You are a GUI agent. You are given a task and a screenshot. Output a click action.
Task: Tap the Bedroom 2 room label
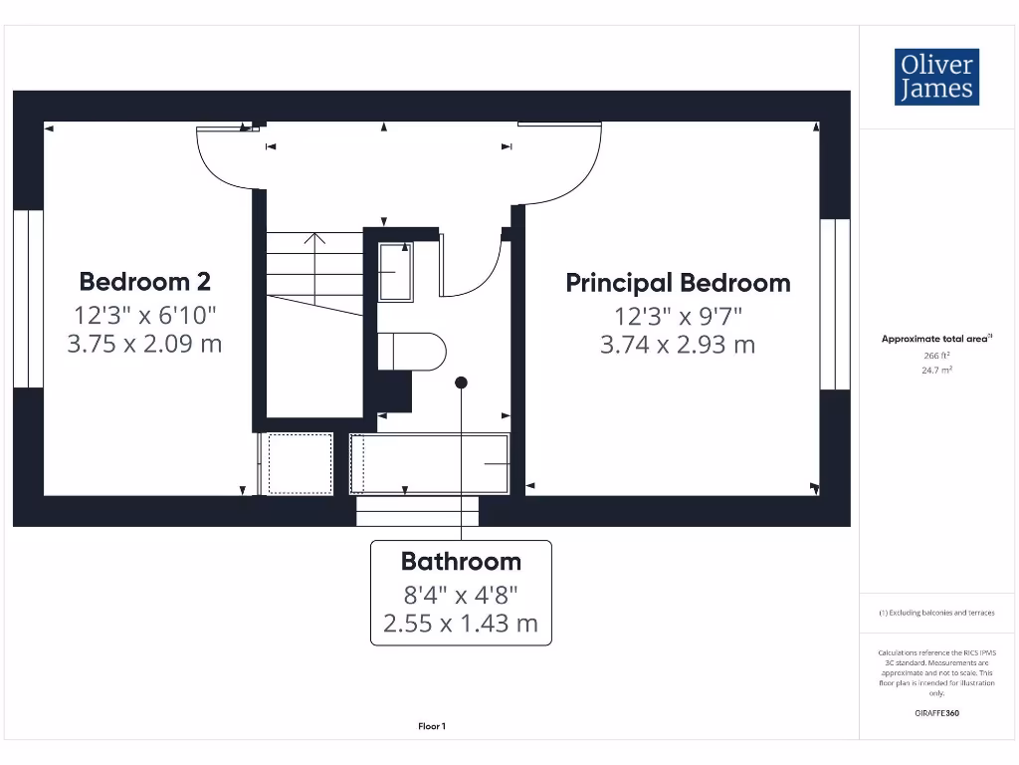tap(145, 282)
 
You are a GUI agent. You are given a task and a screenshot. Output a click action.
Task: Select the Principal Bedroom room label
tap(678, 283)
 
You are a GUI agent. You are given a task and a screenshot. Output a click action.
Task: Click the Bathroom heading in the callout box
tap(461, 562)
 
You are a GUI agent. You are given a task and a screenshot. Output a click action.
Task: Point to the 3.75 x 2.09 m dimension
tap(145, 345)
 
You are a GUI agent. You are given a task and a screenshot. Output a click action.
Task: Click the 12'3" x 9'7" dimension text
tap(678, 316)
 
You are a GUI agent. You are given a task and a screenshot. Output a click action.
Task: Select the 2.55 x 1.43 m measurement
tap(461, 624)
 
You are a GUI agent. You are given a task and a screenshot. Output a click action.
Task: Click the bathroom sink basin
tap(395, 271)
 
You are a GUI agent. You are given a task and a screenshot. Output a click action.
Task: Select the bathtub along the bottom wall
tap(430, 463)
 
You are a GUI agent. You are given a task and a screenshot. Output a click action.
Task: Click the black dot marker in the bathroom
tap(461, 382)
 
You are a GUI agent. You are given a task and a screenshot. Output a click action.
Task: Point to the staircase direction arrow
tap(314, 239)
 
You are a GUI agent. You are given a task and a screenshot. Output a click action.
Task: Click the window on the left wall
tap(29, 299)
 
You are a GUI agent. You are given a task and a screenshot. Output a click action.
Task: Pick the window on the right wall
tap(834, 304)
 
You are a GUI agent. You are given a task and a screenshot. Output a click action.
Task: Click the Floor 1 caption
tap(432, 727)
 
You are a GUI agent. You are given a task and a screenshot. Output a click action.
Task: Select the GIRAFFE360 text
tap(935, 713)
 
